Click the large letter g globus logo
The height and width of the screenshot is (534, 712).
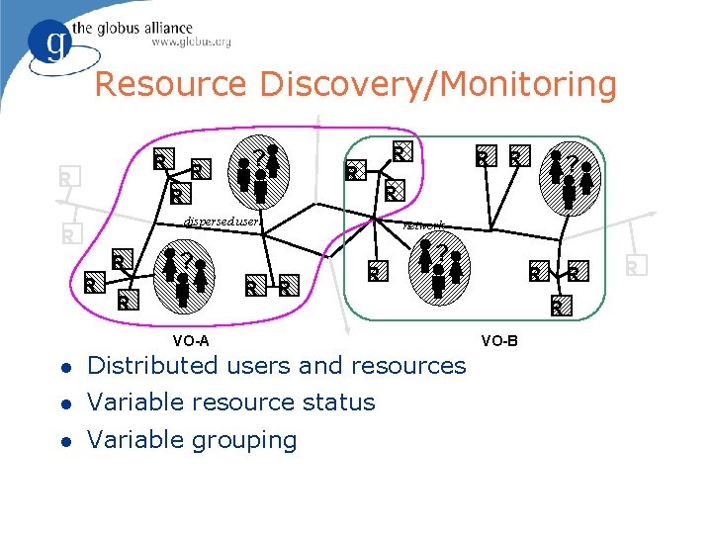[51, 44]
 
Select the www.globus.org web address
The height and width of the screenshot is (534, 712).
[191, 43]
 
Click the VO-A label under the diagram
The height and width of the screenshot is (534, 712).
[190, 342]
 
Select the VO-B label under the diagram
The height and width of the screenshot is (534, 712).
[498, 342]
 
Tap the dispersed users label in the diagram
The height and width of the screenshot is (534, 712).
[223, 222]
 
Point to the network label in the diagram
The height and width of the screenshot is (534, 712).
[424, 225]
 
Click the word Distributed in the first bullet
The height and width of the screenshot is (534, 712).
[152, 366]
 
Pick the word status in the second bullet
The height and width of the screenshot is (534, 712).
[339, 402]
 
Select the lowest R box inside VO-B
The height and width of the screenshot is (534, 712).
[558, 307]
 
